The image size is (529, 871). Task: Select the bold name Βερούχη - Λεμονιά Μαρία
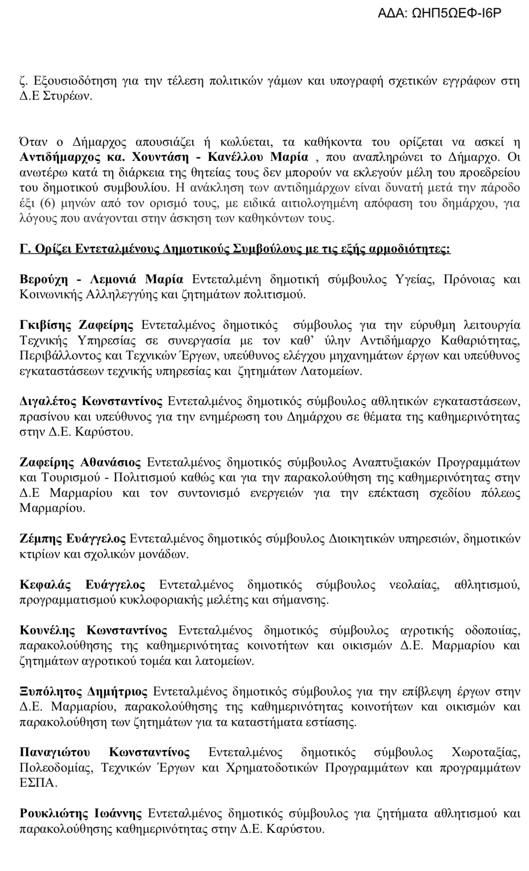pyautogui.click(x=101, y=279)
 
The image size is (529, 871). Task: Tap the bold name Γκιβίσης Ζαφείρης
pyautogui.click(x=76, y=325)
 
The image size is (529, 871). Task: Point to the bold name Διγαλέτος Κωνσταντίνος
pyautogui.click(x=91, y=401)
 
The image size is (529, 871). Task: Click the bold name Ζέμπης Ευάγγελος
pyautogui.click(x=72, y=538)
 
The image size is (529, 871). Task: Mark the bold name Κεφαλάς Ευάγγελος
pyautogui.click(x=82, y=585)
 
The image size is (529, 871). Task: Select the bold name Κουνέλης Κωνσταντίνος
pyautogui.click(x=93, y=631)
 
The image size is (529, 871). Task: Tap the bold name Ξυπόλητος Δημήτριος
pyautogui.click(x=83, y=692)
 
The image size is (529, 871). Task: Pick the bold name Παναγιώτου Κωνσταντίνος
pyautogui.click(x=105, y=752)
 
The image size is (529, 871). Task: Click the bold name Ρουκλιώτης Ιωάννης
pyautogui.click(x=80, y=814)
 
